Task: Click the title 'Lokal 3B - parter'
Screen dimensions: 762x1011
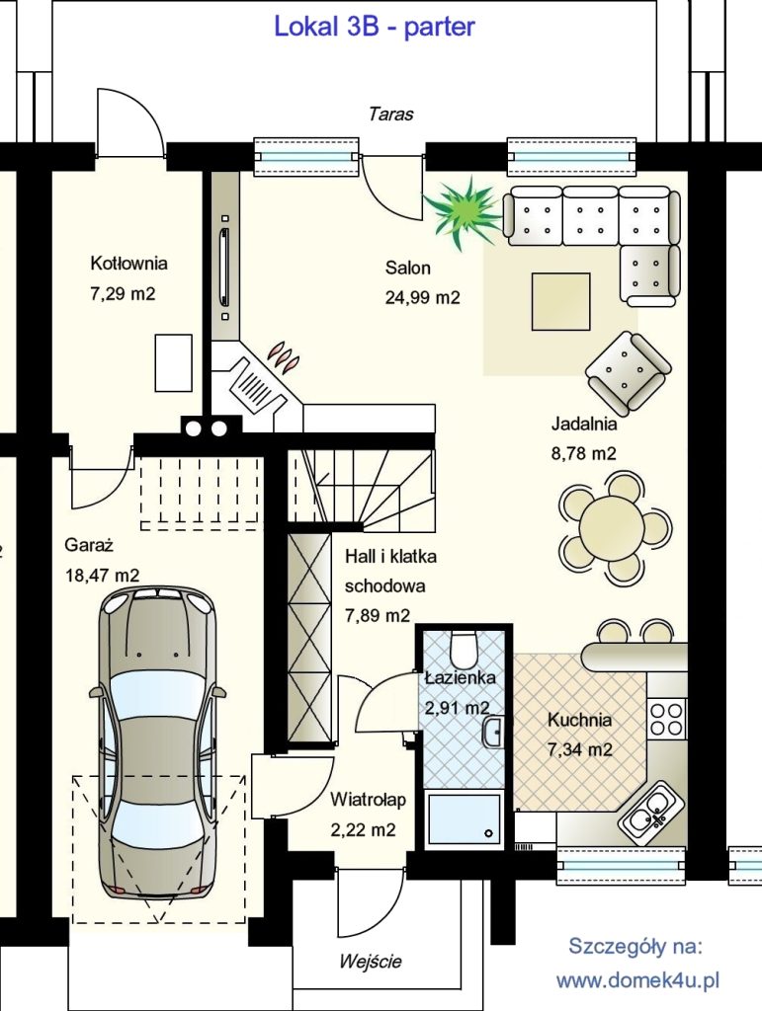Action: click(x=375, y=27)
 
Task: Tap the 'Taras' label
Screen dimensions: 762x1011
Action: click(x=391, y=115)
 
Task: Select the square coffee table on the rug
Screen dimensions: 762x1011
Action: click(x=560, y=301)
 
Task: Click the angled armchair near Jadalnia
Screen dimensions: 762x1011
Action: click(x=627, y=373)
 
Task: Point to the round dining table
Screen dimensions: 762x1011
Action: click(x=613, y=528)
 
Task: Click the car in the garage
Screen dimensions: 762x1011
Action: click(x=157, y=741)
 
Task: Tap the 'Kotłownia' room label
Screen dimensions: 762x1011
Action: click(x=128, y=263)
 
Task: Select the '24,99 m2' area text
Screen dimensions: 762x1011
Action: click(x=423, y=297)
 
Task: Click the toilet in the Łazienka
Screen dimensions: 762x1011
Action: click(x=463, y=648)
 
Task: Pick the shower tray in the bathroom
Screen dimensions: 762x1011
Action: click(x=464, y=817)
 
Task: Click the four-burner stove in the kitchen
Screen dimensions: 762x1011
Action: click(x=666, y=719)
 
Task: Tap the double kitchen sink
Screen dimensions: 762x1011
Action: click(x=651, y=814)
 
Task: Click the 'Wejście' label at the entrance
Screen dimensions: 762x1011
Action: click(x=371, y=962)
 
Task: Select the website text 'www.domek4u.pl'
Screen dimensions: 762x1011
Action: click(x=637, y=980)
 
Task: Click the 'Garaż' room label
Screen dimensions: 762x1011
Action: click(x=89, y=545)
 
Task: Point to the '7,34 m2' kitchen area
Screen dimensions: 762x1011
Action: click(x=579, y=749)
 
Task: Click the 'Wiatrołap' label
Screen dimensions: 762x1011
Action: click(x=368, y=800)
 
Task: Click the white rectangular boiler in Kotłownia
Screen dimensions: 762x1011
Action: click(x=174, y=363)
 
